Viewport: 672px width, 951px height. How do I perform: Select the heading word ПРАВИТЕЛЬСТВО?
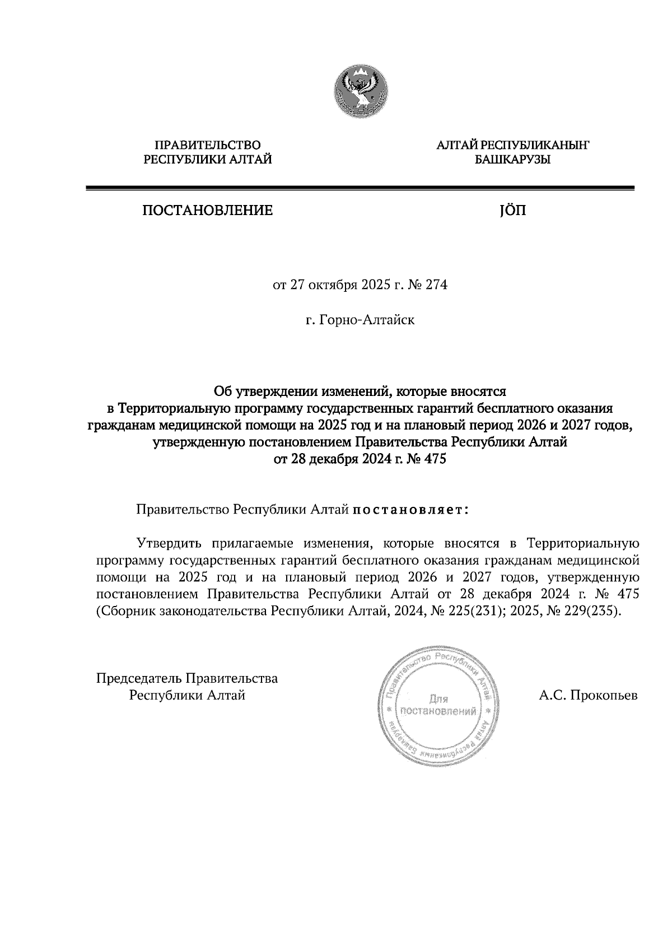tap(208, 146)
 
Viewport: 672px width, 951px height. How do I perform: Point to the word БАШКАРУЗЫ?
tap(512, 160)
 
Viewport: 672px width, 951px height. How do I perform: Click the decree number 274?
tap(437, 285)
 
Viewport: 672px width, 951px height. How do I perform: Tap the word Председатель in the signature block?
tap(139, 679)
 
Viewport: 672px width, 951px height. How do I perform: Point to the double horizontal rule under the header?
tap(360, 189)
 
